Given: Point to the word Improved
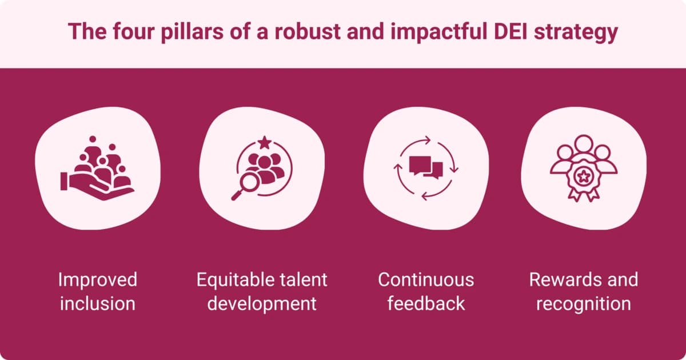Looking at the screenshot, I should [x=98, y=280].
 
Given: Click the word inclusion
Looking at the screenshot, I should [x=98, y=303].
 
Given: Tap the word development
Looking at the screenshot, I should [x=262, y=303].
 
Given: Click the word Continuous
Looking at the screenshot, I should [x=426, y=280].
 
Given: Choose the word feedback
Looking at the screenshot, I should [x=426, y=303].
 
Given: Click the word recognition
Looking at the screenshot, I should [x=583, y=303].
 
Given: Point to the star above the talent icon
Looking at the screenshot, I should [x=264, y=141].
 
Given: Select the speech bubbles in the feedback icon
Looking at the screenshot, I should [x=426, y=167].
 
